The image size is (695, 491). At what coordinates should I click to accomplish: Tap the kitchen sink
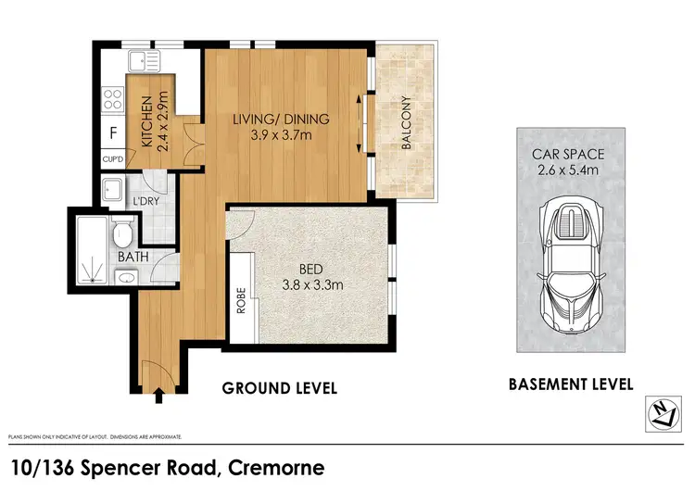click(x=144, y=61)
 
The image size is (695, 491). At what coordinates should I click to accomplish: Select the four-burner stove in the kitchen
click(x=113, y=97)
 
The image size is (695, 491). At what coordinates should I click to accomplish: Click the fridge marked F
click(x=113, y=132)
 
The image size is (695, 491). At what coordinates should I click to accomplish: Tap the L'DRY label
click(x=144, y=201)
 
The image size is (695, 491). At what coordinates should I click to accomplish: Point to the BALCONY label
click(x=405, y=123)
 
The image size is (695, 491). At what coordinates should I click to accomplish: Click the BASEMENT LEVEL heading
click(x=570, y=384)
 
